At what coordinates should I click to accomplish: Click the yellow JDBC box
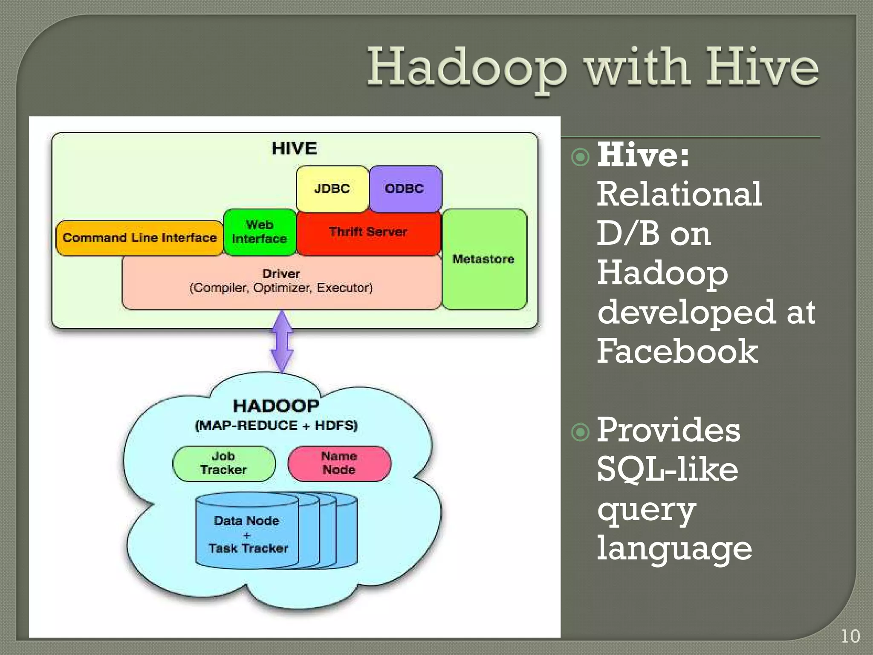[332, 189]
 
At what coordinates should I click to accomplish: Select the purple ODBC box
[405, 189]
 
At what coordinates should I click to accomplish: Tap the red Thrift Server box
[368, 232]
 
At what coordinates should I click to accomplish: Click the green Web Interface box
[260, 232]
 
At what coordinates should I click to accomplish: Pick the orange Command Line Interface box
[139, 238]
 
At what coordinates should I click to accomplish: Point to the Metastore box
[484, 259]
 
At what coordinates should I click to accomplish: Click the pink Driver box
[281, 281]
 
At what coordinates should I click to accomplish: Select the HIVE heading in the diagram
[294, 148]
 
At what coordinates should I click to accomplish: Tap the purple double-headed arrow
[282, 341]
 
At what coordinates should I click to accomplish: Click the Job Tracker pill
[224, 464]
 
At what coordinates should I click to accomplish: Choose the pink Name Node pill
[339, 464]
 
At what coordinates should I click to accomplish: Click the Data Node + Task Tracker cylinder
[248, 533]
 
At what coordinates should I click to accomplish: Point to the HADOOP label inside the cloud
[276, 406]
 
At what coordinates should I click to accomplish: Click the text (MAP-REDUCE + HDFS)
[276, 426]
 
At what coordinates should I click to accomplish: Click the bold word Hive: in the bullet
[643, 155]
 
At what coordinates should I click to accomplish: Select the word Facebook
[677, 351]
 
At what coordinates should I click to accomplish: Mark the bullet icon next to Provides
[580, 432]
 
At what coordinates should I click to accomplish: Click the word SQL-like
[667, 469]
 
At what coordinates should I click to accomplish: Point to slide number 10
[850, 637]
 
